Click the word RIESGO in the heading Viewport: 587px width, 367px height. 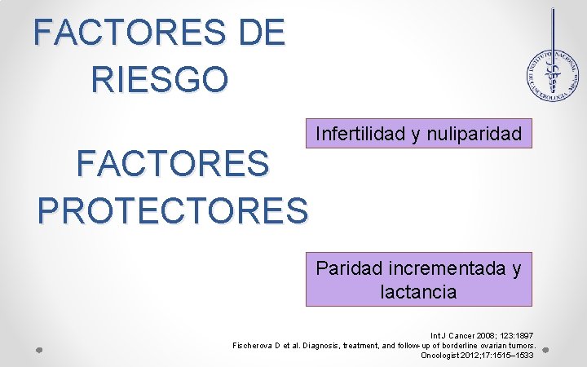click(160, 80)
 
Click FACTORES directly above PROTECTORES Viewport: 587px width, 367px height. click(173, 164)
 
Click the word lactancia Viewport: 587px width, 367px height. click(418, 291)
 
